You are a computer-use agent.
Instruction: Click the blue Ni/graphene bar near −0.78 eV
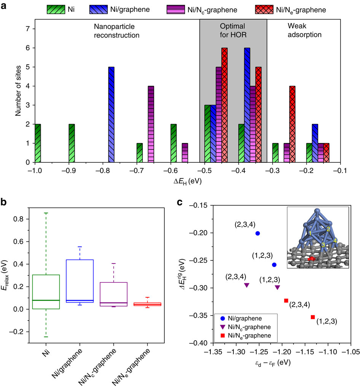click(112, 114)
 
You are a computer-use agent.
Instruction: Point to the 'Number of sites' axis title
click(18, 95)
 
